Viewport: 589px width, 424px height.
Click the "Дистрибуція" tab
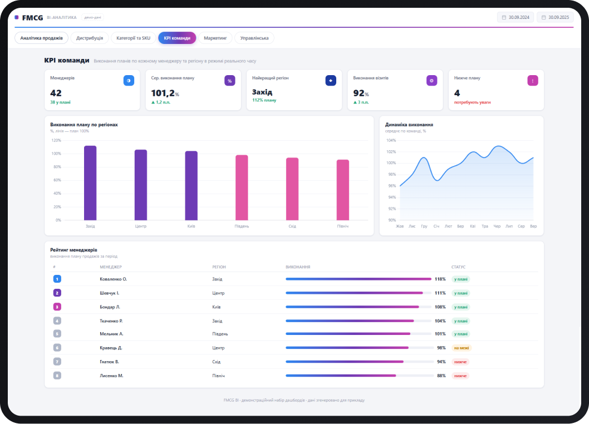[90, 38]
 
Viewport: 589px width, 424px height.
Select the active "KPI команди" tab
[177, 38]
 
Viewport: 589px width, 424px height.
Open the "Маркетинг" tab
[215, 38]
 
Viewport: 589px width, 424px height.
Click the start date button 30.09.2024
[516, 17]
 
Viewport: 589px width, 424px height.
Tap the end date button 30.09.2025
[555, 17]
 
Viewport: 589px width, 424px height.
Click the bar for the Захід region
[90, 183]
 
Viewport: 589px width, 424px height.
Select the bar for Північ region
[342, 190]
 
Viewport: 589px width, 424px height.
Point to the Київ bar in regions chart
[191, 185]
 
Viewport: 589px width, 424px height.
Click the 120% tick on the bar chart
[56, 140]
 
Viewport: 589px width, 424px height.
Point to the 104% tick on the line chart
[391, 140]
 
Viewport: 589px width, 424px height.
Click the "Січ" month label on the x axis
[436, 226]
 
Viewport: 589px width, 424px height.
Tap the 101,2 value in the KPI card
[163, 93]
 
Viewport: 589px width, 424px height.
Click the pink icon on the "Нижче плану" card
[533, 80]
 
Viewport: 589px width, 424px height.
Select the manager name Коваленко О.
[114, 279]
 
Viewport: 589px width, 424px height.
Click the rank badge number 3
[57, 307]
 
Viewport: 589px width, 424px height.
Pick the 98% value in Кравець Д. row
[441, 348]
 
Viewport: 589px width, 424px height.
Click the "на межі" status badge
[462, 348]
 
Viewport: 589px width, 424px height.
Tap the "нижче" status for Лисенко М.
[460, 376]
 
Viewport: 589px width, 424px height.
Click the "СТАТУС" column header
[458, 267]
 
